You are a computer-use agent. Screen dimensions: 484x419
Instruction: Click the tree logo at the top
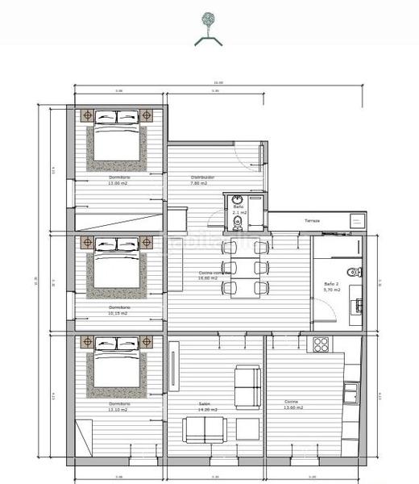point(208,19)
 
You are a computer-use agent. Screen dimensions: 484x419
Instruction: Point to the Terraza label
point(312,221)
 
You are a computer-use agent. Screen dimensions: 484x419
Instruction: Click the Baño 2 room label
point(332,286)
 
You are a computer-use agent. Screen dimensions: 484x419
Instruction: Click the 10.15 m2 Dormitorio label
point(118,309)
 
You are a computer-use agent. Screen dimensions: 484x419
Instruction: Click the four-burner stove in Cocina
point(321,344)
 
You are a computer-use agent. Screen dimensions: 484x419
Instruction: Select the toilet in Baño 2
point(349,271)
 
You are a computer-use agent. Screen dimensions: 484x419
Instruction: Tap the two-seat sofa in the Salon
point(204,430)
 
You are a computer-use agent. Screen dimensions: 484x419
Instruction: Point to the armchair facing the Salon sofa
point(247,386)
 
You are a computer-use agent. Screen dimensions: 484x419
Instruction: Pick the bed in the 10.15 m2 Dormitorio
point(118,264)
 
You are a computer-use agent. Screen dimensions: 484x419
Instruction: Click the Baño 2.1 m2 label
point(239,210)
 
